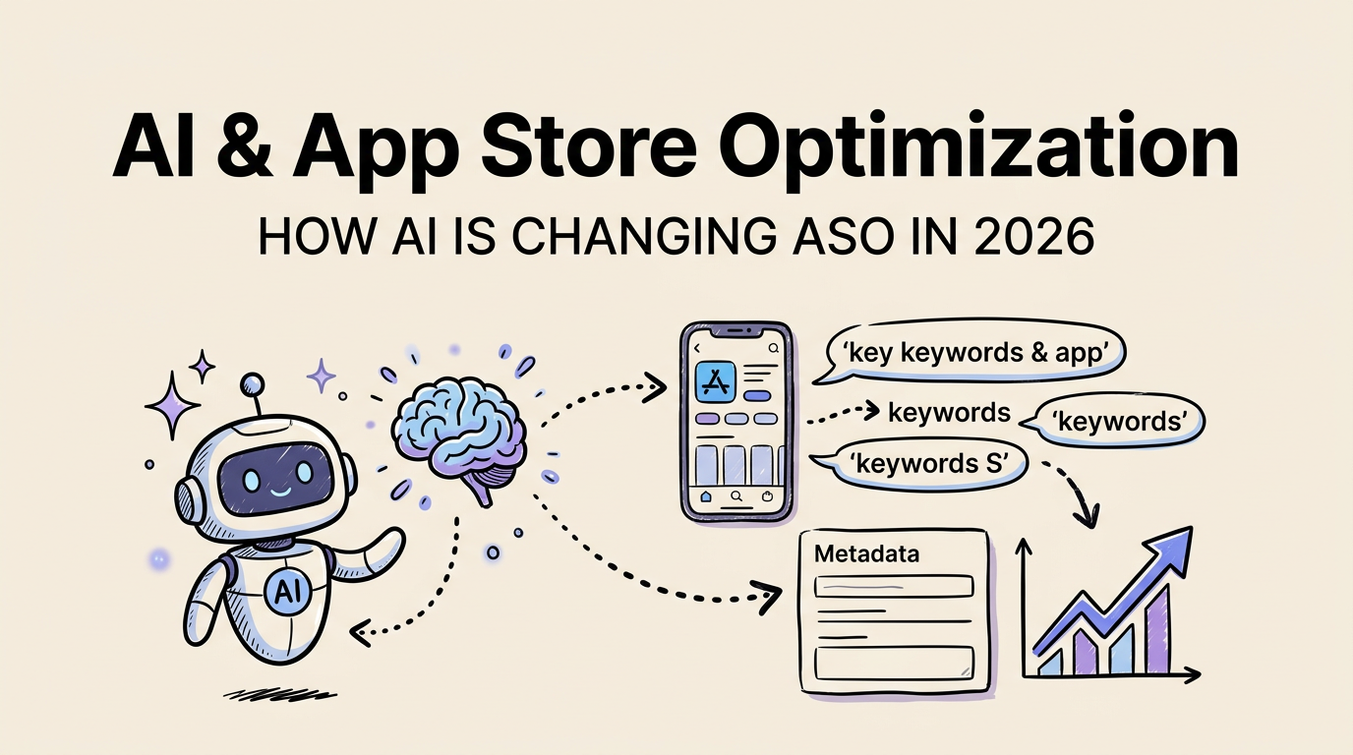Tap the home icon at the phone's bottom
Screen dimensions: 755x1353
[x=705, y=497]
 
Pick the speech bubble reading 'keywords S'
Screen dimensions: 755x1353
[x=928, y=462]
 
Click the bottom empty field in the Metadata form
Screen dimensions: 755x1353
[x=894, y=660]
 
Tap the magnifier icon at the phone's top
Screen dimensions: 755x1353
[x=774, y=348]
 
